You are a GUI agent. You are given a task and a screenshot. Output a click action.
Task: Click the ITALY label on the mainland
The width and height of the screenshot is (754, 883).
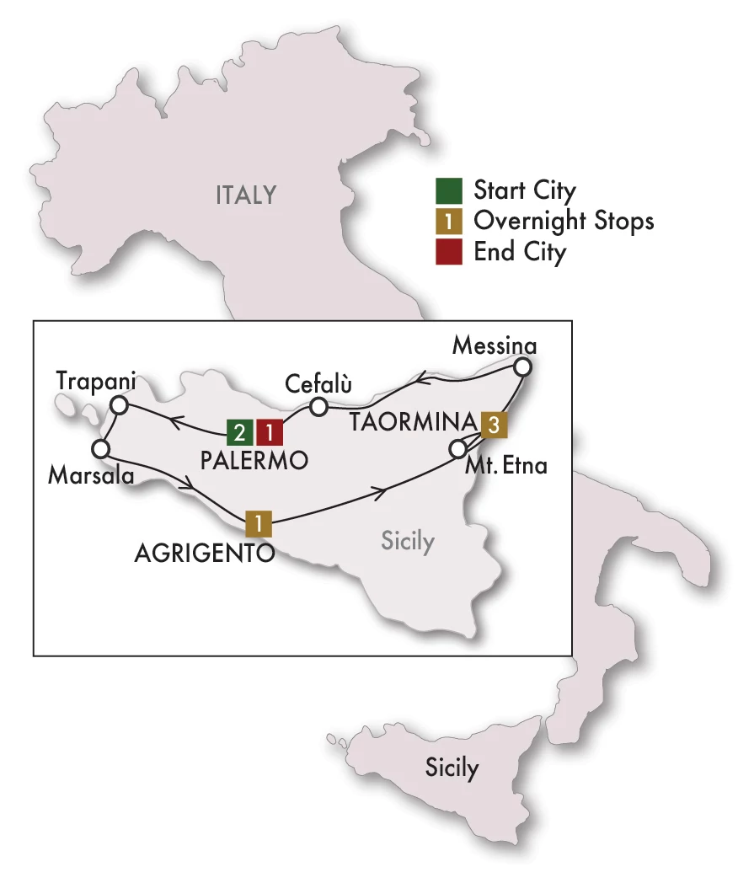(246, 195)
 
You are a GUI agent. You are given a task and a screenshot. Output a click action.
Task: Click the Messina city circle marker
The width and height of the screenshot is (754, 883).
(523, 367)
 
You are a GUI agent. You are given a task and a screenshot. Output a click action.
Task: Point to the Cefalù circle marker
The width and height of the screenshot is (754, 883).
(318, 407)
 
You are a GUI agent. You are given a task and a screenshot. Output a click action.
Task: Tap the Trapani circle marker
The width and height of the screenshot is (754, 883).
(120, 406)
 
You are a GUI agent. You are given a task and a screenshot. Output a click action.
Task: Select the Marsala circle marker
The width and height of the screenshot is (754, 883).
(102, 447)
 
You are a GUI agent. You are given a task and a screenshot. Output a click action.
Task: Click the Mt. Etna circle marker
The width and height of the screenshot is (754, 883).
(458, 447)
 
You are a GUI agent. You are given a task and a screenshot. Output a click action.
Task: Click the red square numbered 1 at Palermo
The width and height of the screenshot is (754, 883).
(270, 433)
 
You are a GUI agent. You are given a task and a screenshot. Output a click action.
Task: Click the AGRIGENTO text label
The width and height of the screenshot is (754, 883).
(204, 554)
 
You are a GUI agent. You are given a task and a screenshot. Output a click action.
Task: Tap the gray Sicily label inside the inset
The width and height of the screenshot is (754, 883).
(408, 541)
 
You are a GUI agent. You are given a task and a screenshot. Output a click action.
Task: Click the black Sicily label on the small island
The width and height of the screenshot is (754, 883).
(452, 768)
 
